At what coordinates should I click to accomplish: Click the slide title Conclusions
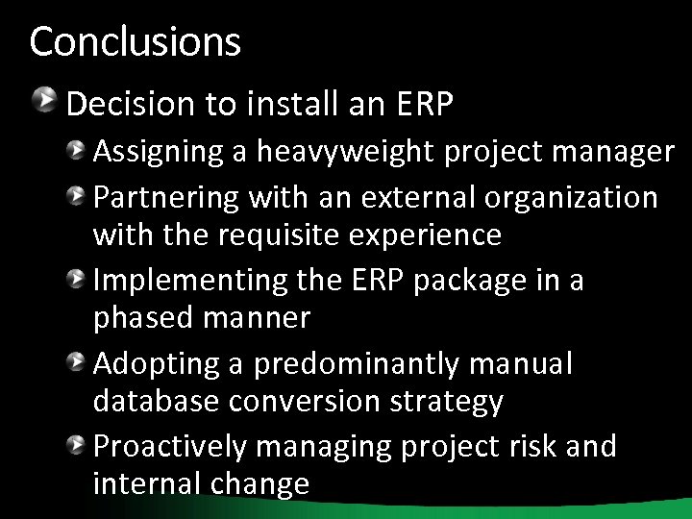click(135, 41)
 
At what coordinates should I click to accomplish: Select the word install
click(278, 104)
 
